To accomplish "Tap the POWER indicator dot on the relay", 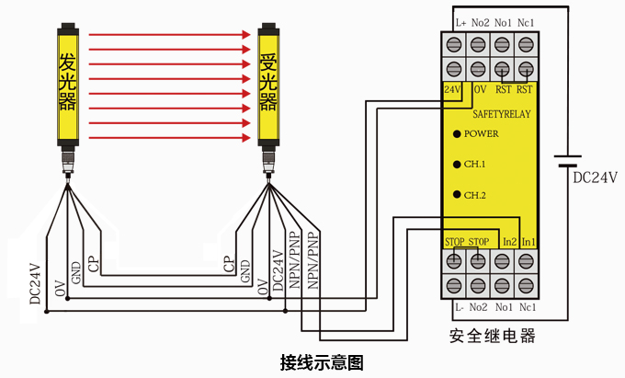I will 457,134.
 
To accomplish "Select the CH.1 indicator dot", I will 457,165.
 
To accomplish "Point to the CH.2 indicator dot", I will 457,195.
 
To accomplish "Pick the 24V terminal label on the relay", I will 452,89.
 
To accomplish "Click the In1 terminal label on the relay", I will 528,241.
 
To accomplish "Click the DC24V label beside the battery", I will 594,178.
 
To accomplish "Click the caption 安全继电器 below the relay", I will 492,335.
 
